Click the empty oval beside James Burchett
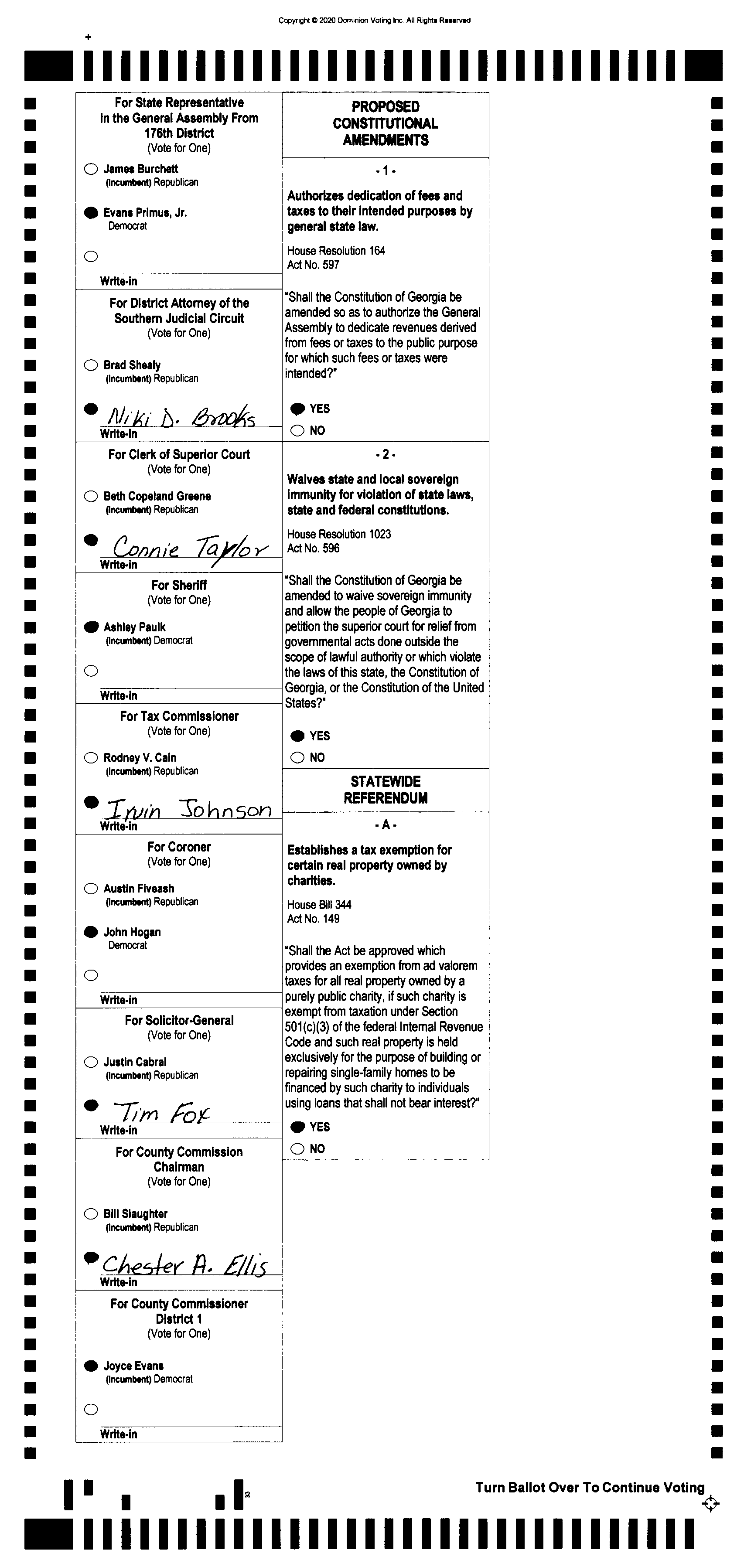[x=91, y=169]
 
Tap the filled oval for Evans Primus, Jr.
[x=91, y=212]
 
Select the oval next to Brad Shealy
[x=91, y=365]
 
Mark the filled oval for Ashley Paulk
[x=91, y=627]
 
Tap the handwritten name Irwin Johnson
[x=188, y=809]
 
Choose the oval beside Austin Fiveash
[x=91, y=889]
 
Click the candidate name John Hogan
[x=132, y=932]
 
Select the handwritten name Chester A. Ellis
[x=184, y=1265]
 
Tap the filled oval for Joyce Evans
[x=91, y=1366]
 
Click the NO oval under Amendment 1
[x=297, y=431]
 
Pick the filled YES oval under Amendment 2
[x=297, y=736]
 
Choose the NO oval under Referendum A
[x=297, y=1149]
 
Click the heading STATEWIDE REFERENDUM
[x=385, y=790]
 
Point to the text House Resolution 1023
[x=339, y=534]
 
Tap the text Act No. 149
[x=313, y=919]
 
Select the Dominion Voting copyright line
[x=374, y=20]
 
